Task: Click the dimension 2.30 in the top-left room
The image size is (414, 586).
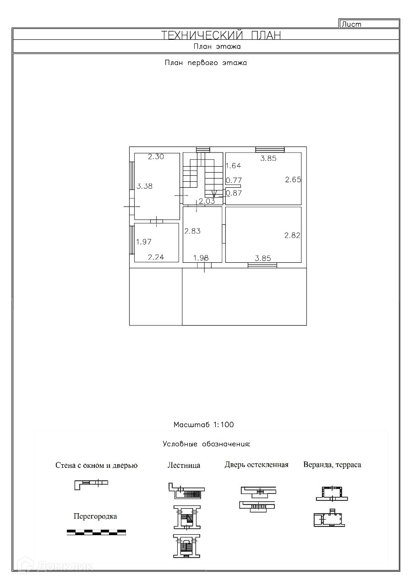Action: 156,157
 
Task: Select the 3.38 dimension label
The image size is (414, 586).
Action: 144,186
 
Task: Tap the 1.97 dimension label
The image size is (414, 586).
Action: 143,242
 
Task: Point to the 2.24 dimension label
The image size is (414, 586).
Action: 156,257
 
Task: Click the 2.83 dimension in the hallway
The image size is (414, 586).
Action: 192,231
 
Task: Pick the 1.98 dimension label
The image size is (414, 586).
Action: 201,258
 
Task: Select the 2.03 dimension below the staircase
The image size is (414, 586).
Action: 207,201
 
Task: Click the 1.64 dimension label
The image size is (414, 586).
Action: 233,166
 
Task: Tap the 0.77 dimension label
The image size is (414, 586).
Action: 234,180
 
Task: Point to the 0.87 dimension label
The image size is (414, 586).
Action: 234,193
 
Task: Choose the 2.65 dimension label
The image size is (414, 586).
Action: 293,179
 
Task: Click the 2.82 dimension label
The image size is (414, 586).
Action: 292,235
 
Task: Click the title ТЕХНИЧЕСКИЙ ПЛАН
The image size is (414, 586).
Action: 221,35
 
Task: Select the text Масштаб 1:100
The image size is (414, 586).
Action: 203,424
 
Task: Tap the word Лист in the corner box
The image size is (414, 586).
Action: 351,24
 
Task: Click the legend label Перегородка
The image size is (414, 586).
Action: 95,516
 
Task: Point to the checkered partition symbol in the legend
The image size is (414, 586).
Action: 96,532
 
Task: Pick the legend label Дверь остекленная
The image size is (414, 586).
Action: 256,465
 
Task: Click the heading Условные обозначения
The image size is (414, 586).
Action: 207,444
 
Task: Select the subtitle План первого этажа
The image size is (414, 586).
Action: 206,63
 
